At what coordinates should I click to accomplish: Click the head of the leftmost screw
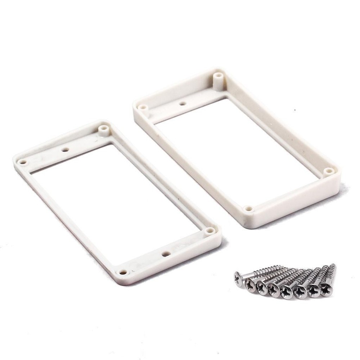(239, 278)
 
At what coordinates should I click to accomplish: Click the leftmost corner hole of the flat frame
(23, 162)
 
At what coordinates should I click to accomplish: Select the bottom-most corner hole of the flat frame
(123, 272)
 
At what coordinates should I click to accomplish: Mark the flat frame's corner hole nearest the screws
(210, 230)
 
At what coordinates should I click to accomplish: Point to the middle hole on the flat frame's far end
(65, 149)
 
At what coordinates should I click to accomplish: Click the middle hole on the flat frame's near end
(166, 254)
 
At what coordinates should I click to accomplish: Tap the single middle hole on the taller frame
(183, 103)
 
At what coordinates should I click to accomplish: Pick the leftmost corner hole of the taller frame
(143, 107)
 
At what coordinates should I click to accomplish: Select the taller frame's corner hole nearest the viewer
(248, 208)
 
